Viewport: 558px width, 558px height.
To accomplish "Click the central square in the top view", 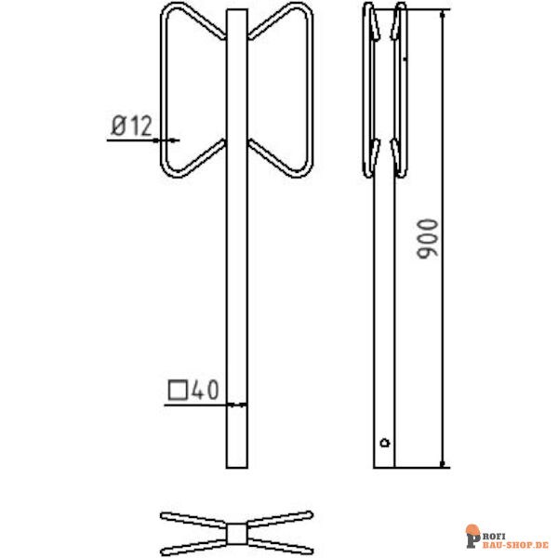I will click(237, 531).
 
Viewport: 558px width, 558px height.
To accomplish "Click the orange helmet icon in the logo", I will click(472, 536).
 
